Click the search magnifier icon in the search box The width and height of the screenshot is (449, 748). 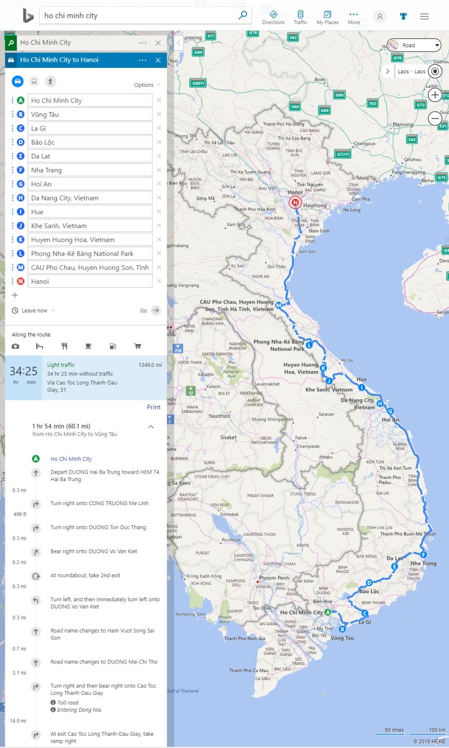click(243, 15)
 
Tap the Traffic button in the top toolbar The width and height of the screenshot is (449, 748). click(300, 17)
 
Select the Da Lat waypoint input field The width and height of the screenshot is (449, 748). click(90, 156)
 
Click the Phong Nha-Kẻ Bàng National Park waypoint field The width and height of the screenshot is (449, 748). click(90, 254)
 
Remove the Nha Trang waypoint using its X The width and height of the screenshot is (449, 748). click(159, 170)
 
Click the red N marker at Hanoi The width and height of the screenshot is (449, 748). click(294, 203)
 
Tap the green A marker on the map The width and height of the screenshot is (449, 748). click(328, 612)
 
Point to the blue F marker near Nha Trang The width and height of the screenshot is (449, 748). click(423, 555)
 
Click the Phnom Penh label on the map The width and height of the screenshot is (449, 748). click(274, 578)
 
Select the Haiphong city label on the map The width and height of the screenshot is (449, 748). click(315, 206)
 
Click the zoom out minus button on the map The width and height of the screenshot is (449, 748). click(435, 118)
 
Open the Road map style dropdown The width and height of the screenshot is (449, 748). click(414, 45)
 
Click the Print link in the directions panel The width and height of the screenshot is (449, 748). click(154, 407)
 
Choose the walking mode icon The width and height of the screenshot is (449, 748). click(50, 81)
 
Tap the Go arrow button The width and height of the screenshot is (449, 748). click(156, 310)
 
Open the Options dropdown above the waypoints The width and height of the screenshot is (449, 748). click(147, 85)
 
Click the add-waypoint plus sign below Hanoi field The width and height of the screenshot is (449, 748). click(15, 295)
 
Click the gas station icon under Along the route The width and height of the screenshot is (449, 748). click(113, 347)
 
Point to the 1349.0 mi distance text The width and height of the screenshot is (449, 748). click(150, 365)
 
